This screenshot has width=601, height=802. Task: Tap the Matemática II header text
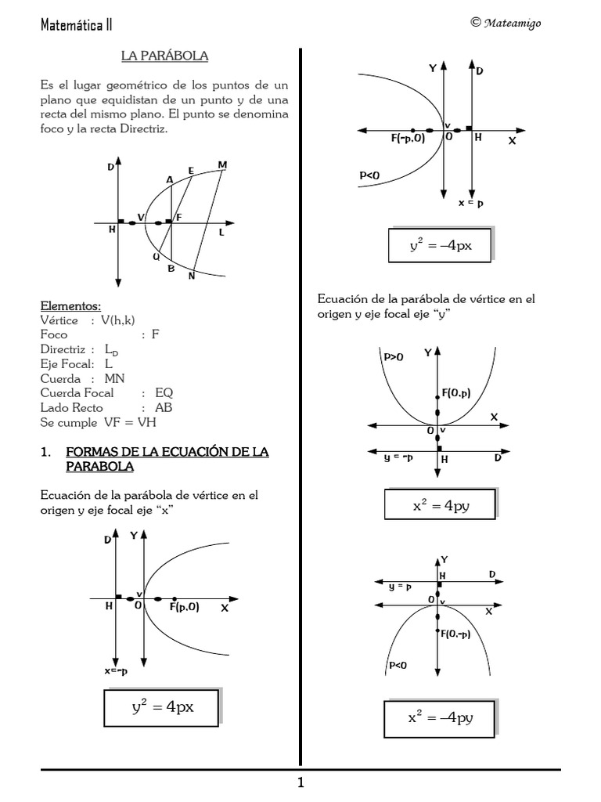(x=76, y=24)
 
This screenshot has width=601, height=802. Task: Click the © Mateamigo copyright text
(x=506, y=23)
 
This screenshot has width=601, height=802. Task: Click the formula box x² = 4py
(x=439, y=505)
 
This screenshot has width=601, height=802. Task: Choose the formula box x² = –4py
(x=439, y=717)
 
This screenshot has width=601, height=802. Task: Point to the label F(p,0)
(x=184, y=607)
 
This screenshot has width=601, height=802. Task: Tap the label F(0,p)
(x=455, y=393)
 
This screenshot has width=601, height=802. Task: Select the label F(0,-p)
(x=455, y=634)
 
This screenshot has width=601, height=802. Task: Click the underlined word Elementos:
(x=70, y=306)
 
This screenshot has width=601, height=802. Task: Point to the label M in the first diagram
(x=222, y=165)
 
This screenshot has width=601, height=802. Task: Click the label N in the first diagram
(x=191, y=276)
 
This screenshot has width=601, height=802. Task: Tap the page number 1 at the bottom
(x=300, y=783)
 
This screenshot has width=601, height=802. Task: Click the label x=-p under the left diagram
(x=117, y=671)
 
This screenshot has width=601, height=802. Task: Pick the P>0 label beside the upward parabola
(x=394, y=356)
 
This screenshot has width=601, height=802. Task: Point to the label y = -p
(x=398, y=457)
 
